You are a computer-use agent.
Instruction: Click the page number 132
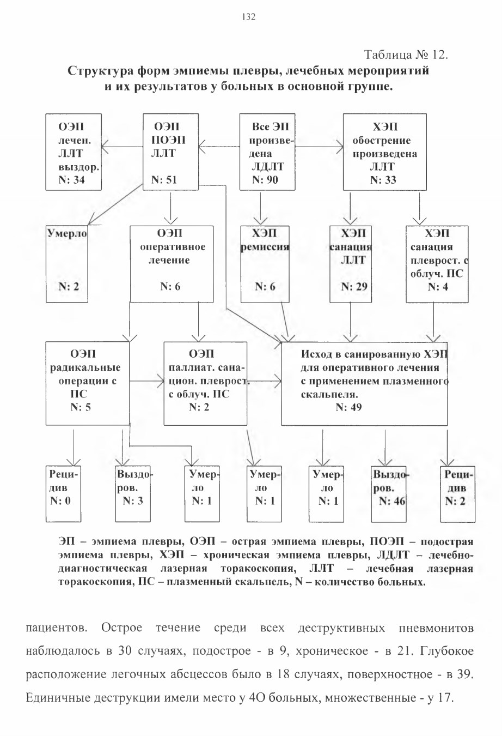[248, 17]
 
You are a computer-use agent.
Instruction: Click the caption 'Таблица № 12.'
[406, 55]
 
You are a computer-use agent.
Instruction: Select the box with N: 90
[267, 152]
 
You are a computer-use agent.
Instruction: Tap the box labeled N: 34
[74, 152]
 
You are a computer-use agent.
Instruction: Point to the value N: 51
[164, 180]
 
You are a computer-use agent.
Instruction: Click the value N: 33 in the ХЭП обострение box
[383, 180]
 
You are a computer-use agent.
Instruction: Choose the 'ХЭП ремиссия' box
[265, 264]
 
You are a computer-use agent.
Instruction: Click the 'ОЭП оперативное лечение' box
[172, 264]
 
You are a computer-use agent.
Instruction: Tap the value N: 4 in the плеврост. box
[438, 287]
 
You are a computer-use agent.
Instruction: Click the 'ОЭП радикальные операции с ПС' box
[88, 383]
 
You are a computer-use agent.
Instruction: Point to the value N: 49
[348, 407]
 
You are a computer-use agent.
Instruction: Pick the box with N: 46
[389, 494]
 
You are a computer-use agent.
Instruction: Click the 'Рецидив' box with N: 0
[63, 494]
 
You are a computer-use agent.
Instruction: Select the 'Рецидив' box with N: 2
[458, 494]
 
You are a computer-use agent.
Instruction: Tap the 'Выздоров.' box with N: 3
[133, 494]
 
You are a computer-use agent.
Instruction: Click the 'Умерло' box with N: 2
[67, 264]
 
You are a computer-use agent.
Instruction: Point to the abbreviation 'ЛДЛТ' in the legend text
[393, 554]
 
